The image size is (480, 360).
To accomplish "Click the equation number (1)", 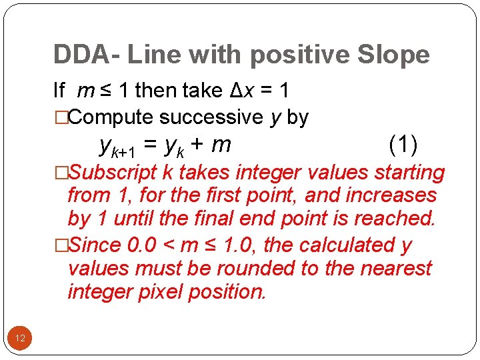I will point(403,143).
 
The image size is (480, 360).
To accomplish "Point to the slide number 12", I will point(20,339).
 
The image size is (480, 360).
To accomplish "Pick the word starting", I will point(409,172).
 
